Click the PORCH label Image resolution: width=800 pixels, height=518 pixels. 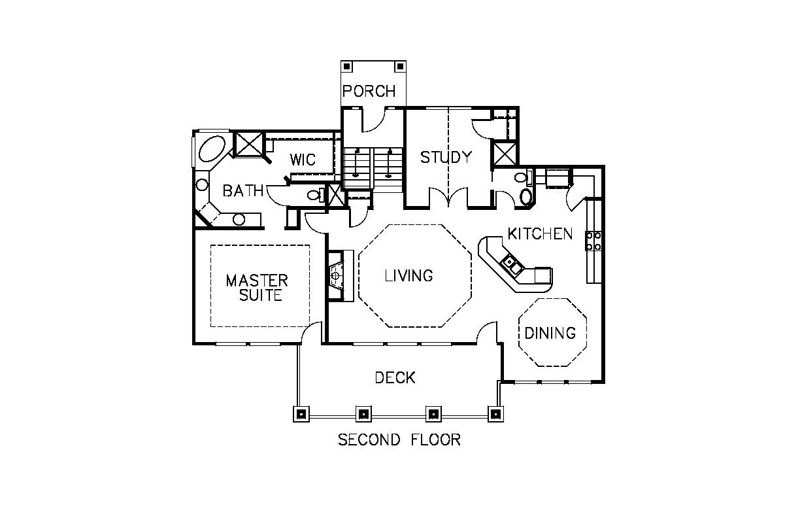tap(369, 91)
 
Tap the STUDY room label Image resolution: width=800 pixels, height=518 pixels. tap(446, 157)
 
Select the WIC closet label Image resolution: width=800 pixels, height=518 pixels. tap(303, 160)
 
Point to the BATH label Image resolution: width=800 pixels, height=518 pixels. tap(243, 191)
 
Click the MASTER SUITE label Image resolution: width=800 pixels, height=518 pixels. tap(257, 288)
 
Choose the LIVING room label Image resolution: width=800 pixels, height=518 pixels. tap(409, 275)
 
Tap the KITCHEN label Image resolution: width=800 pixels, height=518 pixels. tap(540, 233)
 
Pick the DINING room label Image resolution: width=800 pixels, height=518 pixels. tap(550, 333)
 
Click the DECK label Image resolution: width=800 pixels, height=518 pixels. tap(395, 378)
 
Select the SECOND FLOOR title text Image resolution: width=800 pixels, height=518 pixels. tap(399, 440)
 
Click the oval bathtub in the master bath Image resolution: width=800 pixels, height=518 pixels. tap(212, 149)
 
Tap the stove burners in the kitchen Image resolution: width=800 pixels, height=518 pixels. tap(593, 241)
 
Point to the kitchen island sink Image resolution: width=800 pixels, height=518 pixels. tap(511, 264)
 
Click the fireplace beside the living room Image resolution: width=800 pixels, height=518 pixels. tap(337, 275)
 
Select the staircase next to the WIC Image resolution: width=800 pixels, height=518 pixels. tap(373, 168)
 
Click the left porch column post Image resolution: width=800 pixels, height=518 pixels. tap(346, 67)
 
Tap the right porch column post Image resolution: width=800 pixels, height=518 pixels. tap(401, 67)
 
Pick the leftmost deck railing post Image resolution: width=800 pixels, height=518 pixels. tap(301, 414)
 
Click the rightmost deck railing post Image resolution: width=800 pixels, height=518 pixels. tap(495, 414)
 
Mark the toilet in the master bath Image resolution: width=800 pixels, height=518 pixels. tap(316, 195)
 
